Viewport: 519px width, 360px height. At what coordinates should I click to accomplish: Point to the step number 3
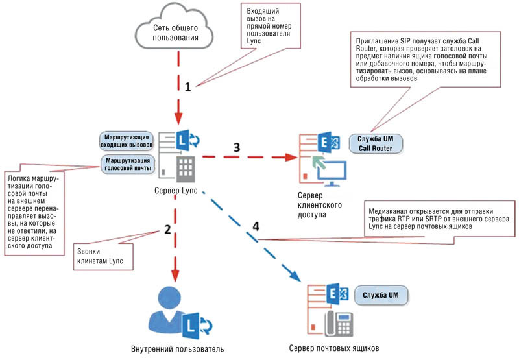tap(237, 147)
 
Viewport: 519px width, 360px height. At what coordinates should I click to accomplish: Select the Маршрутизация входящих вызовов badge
tap(127, 141)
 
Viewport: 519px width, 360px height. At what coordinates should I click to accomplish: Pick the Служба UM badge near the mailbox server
tap(381, 296)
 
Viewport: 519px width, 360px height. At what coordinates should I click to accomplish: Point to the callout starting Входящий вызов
tap(269, 27)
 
